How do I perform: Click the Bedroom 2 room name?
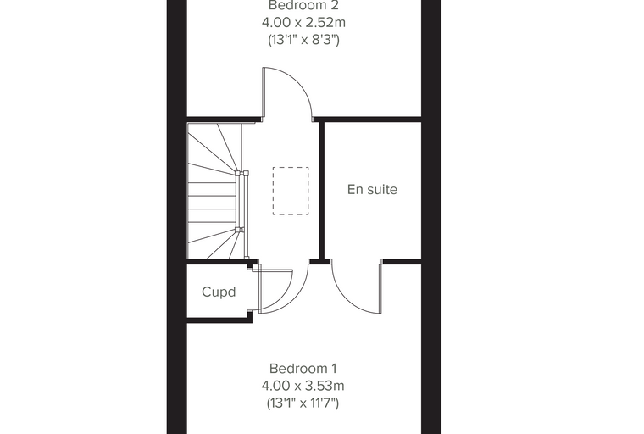tap(303, 5)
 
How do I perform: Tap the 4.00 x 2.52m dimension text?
tap(303, 23)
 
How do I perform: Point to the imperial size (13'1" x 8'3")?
tap(303, 40)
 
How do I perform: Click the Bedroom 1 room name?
tap(303, 368)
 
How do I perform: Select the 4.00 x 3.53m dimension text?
tap(303, 386)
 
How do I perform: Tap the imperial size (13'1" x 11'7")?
tap(303, 403)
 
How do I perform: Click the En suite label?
tap(372, 190)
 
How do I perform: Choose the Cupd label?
tap(219, 292)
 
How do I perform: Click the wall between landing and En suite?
tap(322, 191)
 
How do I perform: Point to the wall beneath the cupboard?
tap(219, 320)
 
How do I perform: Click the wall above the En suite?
tap(368, 120)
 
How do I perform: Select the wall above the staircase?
tap(225, 120)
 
